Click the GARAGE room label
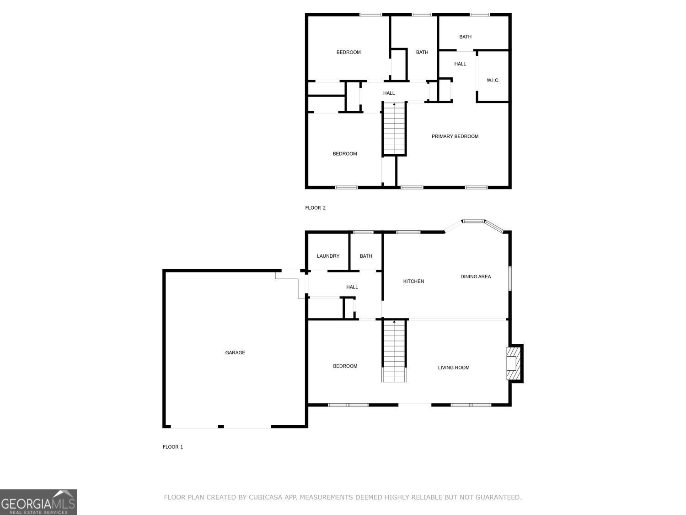point(235,352)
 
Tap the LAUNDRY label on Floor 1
point(328,256)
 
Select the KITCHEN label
point(413,281)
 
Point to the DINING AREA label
point(475,276)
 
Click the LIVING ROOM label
point(453,368)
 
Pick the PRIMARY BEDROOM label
point(455,136)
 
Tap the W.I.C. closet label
point(493,81)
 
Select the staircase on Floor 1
point(394,351)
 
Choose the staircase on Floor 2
point(394,129)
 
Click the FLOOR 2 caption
point(316,208)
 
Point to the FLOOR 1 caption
point(173,447)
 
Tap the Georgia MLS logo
point(38,502)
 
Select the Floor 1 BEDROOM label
point(345,366)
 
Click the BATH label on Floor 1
point(366,256)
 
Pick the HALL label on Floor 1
point(352,287)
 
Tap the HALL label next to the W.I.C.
point(460,64)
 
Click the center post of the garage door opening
point(221,427)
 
